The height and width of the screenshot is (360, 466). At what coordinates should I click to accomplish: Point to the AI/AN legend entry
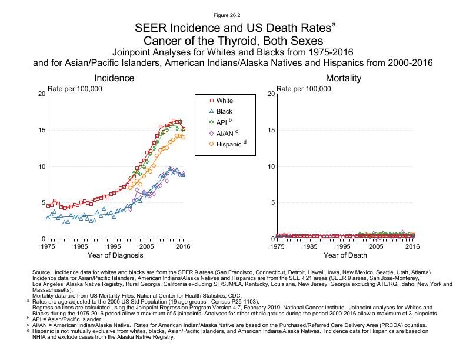tap(225, 133)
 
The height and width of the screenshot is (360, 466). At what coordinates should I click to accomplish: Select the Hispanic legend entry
tap(228, 144)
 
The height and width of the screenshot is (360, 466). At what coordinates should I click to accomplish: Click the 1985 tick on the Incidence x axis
tap(81, 247)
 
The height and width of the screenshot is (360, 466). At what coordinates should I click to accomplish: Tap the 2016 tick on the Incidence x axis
tap(183, 247)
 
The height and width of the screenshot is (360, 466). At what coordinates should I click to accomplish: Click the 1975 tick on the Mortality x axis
tap(277, 247)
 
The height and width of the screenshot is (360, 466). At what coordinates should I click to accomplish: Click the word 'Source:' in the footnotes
tap(44, 273)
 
